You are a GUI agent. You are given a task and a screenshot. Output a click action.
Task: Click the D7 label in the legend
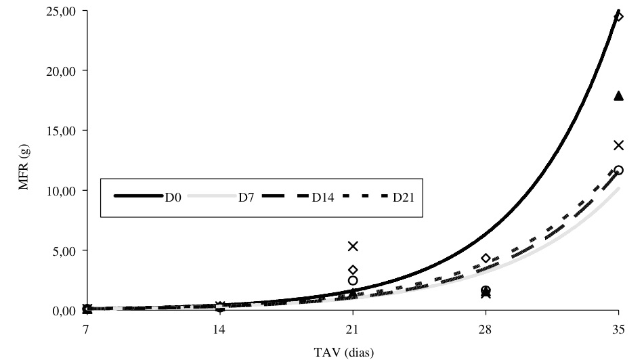click(246, 197)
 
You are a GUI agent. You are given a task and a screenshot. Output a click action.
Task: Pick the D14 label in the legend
click(325, 197)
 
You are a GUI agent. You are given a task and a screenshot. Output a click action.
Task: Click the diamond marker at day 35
click(618, 16)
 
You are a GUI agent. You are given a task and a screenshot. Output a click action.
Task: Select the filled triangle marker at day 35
click(618, 96)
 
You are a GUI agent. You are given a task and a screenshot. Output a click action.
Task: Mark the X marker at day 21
click(353, 246)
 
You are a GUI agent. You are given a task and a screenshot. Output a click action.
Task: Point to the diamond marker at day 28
click(486, 258)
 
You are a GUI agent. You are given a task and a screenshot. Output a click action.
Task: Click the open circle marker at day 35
click(618, 170)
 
